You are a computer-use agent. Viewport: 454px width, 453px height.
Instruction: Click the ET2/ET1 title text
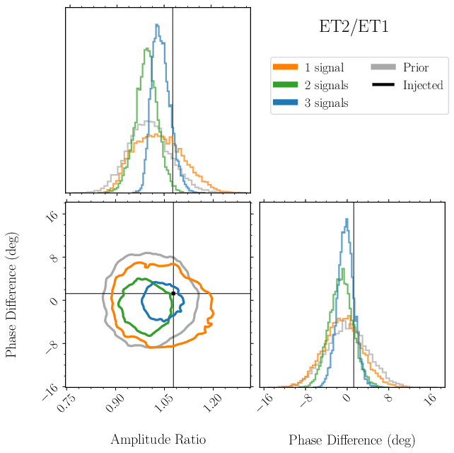click(x=354, y=28)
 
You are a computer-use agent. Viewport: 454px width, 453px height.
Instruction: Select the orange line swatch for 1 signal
click(x=285, y=68)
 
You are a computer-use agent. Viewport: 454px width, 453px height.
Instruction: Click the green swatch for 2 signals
click(x=285, y=86)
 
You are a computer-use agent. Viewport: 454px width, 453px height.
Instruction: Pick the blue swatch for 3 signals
click(x=285, y=103)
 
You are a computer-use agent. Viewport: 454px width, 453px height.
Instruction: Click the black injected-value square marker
click(x=173, y=293)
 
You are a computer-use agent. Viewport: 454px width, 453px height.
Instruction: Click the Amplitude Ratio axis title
click(x=158, y=440)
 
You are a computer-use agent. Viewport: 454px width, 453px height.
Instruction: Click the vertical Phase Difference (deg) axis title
click(x=12, y=294)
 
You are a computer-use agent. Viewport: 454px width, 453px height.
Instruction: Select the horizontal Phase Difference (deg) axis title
click(x=352, y=440)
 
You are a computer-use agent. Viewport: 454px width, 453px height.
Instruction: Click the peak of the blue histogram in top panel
click(x=156, y=25)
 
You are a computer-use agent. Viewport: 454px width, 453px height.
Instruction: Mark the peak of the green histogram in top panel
click(x=146, y=49)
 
